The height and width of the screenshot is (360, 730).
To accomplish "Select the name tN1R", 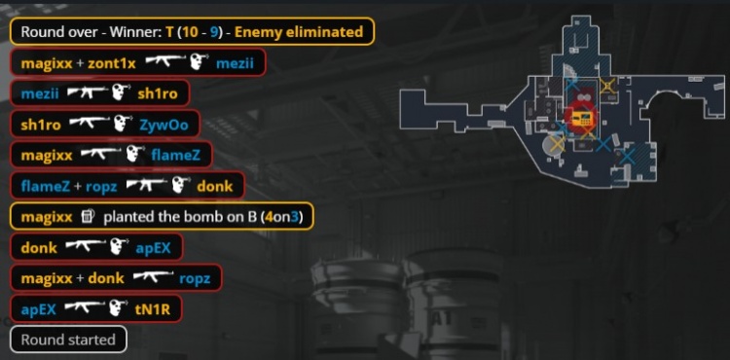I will [x=159, y=309].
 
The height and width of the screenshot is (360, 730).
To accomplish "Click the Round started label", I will [x=67, y=340].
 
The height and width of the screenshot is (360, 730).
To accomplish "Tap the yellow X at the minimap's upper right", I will [x=608, y=87].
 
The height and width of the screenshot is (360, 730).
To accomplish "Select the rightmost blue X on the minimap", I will [x=628, y=154].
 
